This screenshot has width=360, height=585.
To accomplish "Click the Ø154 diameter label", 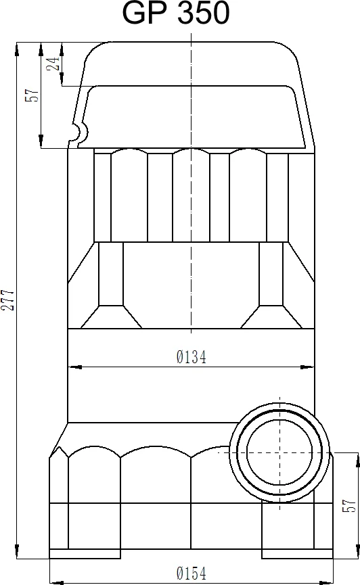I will [x=191, y=574].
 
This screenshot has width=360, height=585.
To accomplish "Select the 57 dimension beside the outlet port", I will [x=350, y=505].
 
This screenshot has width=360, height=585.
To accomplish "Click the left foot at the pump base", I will [x=85, y=554].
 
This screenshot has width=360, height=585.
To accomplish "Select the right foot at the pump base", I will [x=297, y=554].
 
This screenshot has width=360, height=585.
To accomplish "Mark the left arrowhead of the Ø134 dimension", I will [x=75, y=367].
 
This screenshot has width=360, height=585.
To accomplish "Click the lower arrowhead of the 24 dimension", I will [x=62, y=80].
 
